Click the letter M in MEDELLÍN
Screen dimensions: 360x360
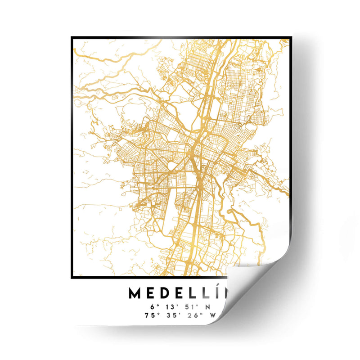coord(136,293)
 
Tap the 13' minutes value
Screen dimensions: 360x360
coord(173,306)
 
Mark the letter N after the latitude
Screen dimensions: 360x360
coord(207,306)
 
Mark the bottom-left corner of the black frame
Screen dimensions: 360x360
coord(72,278)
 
